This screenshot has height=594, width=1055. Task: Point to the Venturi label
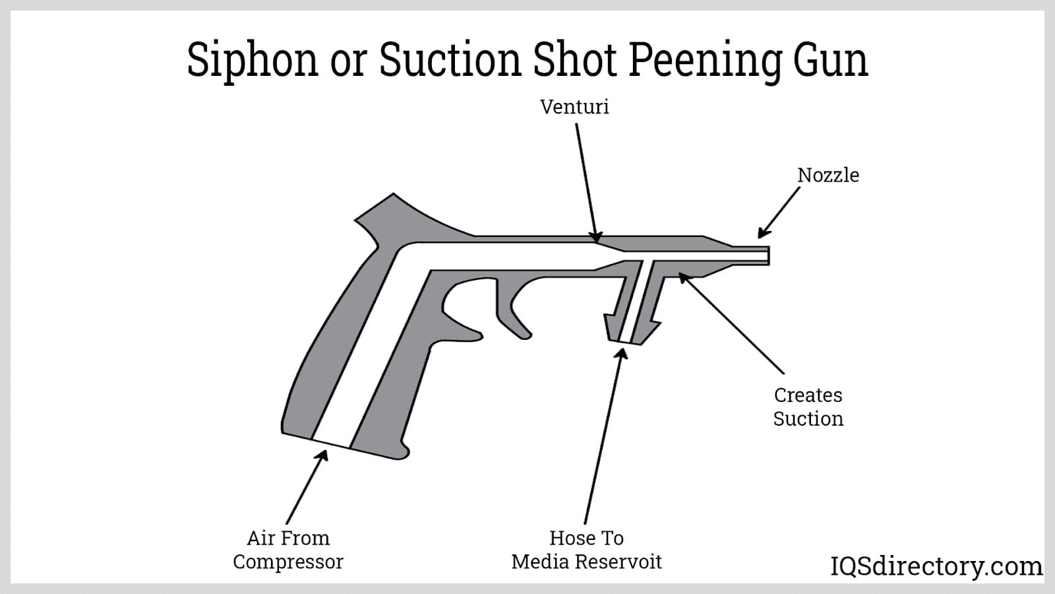574,107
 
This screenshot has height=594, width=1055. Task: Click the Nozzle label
828,176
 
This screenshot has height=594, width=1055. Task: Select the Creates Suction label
808,407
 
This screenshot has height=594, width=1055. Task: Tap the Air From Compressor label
288,550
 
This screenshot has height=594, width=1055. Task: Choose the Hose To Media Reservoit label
586,550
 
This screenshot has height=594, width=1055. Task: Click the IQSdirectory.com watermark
936,566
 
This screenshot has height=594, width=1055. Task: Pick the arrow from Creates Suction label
732,323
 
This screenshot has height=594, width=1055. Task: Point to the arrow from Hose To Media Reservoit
603,436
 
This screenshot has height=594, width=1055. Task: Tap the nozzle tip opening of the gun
767,255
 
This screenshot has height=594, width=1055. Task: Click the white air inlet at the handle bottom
330,443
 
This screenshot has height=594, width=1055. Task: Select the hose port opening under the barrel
625,340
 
